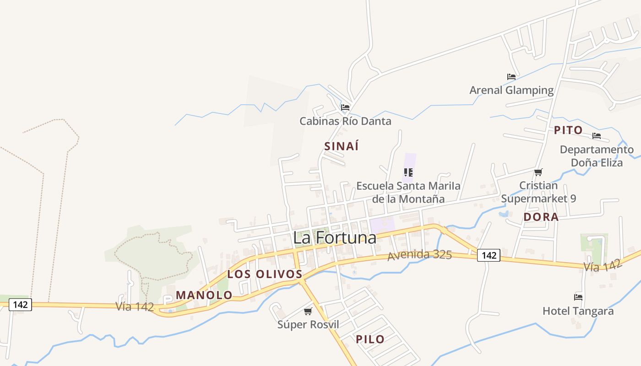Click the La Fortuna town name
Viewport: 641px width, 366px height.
(x=335, y=237)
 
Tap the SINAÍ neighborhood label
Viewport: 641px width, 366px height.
(x=341, y=146)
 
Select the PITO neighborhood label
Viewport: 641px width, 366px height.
(x=568, y=130)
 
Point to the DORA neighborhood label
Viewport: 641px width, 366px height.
(x=541, y=217)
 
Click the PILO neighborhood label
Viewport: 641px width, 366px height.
(x=370, y=339)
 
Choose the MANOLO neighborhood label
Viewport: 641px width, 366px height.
(x=204, y=295)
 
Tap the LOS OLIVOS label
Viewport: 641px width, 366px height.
(x=265, y=274)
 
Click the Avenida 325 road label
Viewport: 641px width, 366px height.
(x=419, y=255)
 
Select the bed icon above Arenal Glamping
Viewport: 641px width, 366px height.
(x=511, y=77)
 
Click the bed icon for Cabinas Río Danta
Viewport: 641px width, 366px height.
(x=345, y=108)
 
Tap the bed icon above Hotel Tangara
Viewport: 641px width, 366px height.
(x=578, y=297)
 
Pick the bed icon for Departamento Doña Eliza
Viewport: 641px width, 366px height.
(x=596, y=136)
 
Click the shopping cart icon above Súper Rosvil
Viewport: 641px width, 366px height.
(x=308, y=312)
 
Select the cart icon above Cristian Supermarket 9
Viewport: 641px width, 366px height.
(x=538, y=172)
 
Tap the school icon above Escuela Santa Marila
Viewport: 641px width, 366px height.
(x=408, y=172)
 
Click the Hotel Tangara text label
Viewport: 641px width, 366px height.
(x=578, y=311)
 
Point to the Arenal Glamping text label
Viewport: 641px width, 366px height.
(x=511, y=90)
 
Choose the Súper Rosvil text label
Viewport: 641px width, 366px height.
(x=308, y=324)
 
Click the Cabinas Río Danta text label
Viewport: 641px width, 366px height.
(x=345, y=121)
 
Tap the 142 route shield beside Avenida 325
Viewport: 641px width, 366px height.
(x=489, y=255)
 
